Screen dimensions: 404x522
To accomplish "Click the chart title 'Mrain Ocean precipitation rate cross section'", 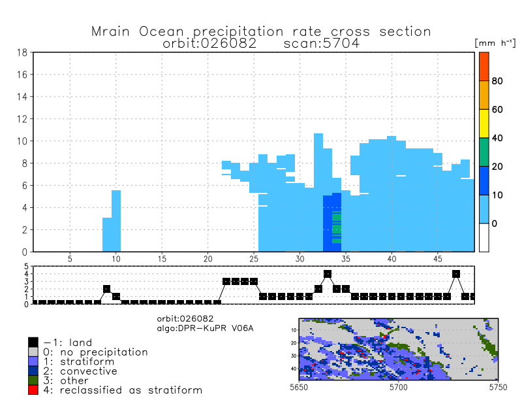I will (261, 31).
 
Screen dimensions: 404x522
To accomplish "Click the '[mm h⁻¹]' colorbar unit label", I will (494, 42).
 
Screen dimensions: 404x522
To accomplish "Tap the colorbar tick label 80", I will (497, 81).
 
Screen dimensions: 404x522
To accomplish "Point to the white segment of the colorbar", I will (484, 237).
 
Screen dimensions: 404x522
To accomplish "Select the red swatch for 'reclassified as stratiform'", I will (33, 390).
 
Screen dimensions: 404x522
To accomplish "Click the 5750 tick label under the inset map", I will (488, 388).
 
